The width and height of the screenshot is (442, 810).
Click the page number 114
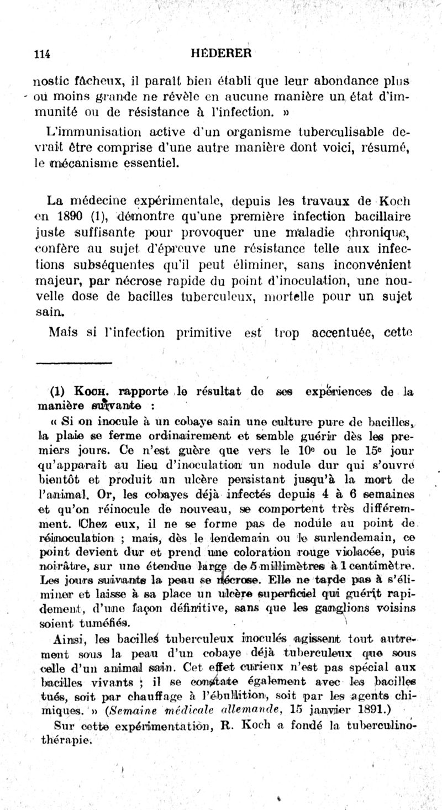click(x=42, y=54)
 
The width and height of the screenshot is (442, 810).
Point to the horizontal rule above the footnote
click(x=74, y=363)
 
